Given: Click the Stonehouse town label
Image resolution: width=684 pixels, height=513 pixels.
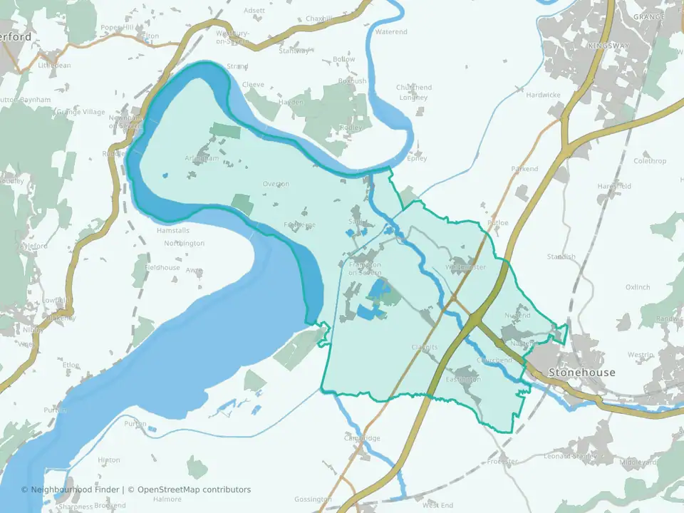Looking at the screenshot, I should pos(581,373).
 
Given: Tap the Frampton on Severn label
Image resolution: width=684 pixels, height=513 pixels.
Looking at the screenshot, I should pos(365,269).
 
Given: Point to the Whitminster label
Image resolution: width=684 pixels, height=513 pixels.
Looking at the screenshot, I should pos(465,267).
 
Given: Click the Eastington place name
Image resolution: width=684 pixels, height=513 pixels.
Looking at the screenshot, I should pos(463,379).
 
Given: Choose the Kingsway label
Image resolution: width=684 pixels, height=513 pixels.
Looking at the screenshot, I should pos(608,46).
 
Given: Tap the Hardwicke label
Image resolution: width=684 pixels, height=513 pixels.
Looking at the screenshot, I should pos(543,95).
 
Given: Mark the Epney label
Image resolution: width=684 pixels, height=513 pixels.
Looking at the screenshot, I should pos(416,158).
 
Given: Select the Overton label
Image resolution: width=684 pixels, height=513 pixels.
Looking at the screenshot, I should pos(276,184).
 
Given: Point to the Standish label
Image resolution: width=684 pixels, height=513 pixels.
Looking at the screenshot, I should pos(561,256).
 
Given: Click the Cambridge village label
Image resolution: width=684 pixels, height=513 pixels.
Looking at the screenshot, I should pos(363,438).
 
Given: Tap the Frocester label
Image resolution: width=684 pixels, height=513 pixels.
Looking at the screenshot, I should pos(502,462).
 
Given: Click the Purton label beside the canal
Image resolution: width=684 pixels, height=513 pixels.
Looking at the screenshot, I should pos(135,423).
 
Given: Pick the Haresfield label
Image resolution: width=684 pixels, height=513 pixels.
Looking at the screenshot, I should pos(614,186).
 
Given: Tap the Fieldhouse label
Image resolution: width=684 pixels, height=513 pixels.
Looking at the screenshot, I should pos(163,267).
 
